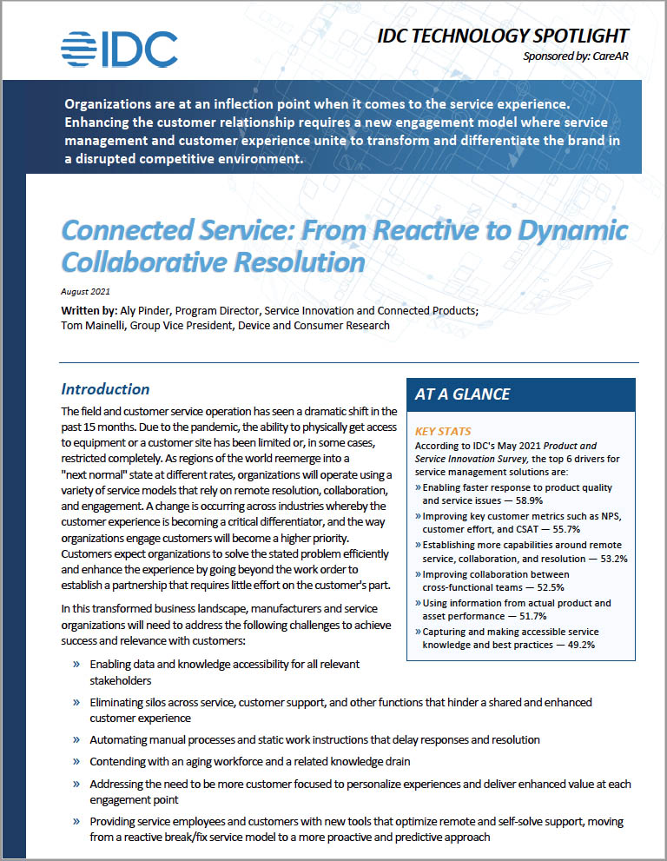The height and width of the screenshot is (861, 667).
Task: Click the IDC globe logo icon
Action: pyautogui.click(x=81, y=49)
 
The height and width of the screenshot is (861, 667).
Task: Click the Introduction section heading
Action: pyautogui.click(x=105, y=389)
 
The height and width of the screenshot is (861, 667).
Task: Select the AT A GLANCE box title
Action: pyautogui.click(x=462, y=394)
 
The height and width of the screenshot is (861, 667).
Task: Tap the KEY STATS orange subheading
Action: pyautogui.click(x=443, y=431)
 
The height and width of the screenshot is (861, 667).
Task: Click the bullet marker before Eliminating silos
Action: pyautogui.click(x=76, y=702)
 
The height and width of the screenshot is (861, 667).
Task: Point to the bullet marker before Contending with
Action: pyautogui.click(x=76, y=761)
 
